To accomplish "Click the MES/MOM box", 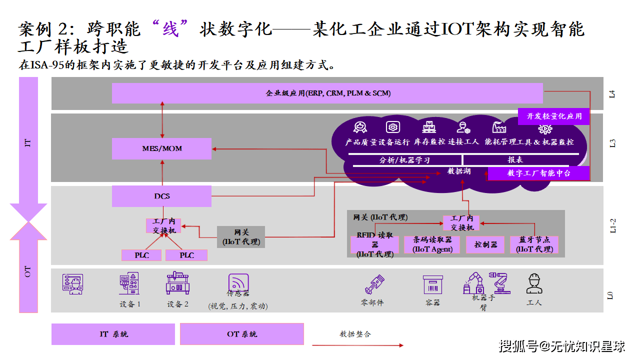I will [x=161, y=148].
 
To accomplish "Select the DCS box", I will [x=161, y=196].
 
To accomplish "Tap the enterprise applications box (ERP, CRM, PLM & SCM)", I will [x=327, y=93].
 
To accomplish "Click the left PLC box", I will [x=141, y=255].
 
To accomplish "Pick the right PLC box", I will [x=186, y=255].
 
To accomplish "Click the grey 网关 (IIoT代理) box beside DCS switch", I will [x=241, y=237].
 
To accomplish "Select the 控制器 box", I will [x=485, y=244].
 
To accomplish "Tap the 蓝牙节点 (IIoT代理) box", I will [x=534, y=244].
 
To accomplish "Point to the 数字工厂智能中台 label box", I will [x=538, y=173].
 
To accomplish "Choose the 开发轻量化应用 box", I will [x=554, y=116].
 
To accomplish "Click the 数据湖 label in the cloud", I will [x=458, y=171].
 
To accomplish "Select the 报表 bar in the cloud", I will [x=515, y=160].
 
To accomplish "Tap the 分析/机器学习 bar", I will [x=404, y=160].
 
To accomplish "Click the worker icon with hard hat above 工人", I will [x=534, y=283].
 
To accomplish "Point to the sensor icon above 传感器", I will [x=238, y=283].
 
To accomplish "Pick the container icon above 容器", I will [x=432, y=284].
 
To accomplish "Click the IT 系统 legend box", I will [x=113, y=334].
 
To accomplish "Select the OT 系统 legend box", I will [x=242, y=334].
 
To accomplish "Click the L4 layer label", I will [x=612, y=93].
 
